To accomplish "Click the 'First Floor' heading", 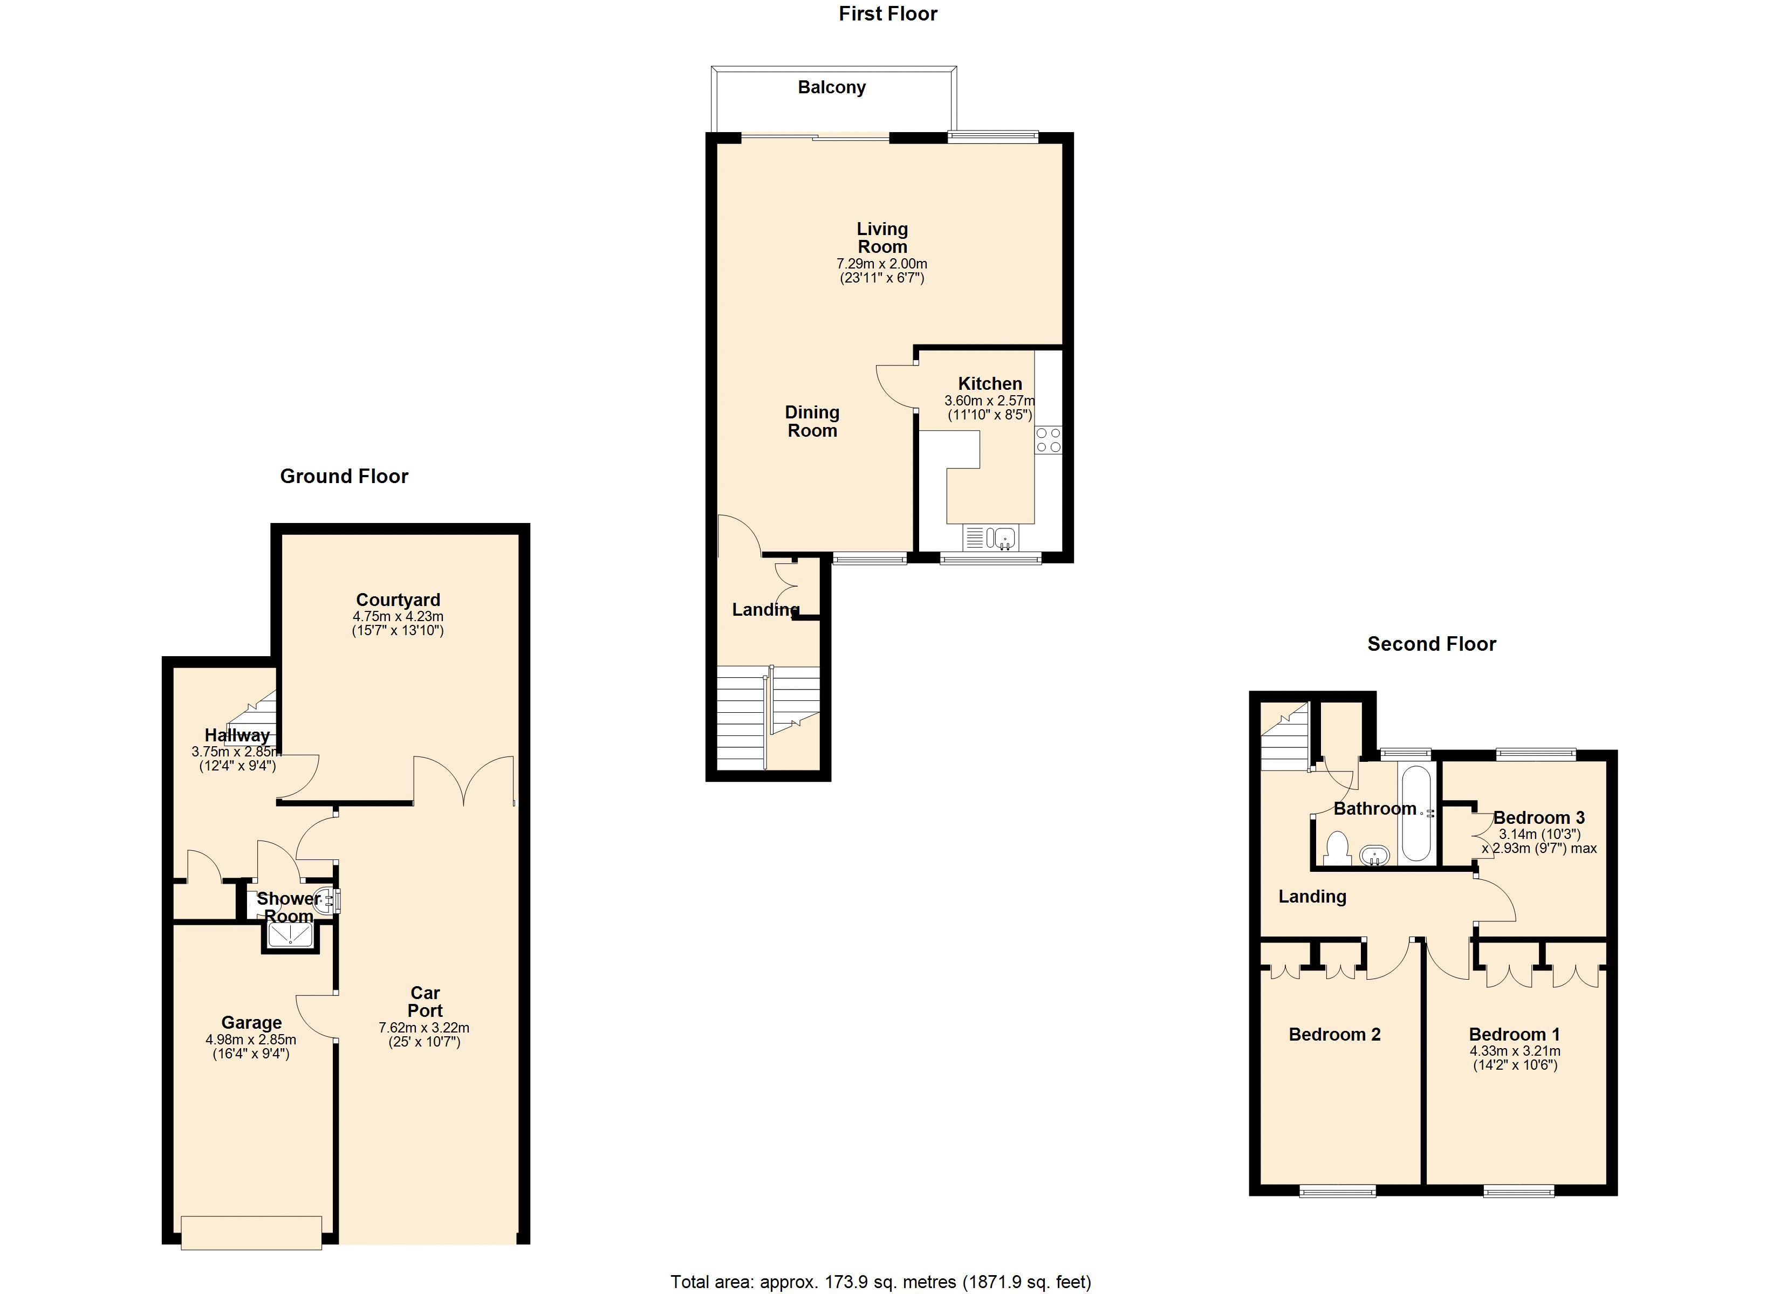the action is pyautogui.click(x=888, y=14).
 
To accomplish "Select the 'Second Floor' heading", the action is pyautogui.click(x=1432, y=644).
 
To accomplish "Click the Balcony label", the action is pyautogui.click(x=832, y=87).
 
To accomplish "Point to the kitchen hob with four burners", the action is pyautogui.click(x=1049, y=439).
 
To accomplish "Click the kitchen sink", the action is pyautogui.click(x=990, y=538).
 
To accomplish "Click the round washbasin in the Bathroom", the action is pyautogui.click(x=1374, y=855).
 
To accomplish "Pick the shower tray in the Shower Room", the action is pyautogui.click(x=290, y=934).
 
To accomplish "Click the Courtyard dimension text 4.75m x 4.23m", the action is pyautogui.click(x=398, y=617).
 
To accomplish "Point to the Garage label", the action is pyautogui.click(x=251, y=1022).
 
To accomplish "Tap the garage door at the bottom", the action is pyautogui.click(x=251, y=1232).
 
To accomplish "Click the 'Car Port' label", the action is pyautogui.click(x=425, y=1002).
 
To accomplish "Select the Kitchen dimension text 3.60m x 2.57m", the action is pyautogui.click(x=990, y=400).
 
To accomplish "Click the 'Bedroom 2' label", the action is pyautogui.click(x=1334, y=1034).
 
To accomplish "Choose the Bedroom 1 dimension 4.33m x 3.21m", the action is pyautogui.click(x=1515, y=1051).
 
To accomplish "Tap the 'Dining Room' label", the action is pyautogui.click(x=812, y=422).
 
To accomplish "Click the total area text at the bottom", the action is pyautogui.click(x=881, y=1282).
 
